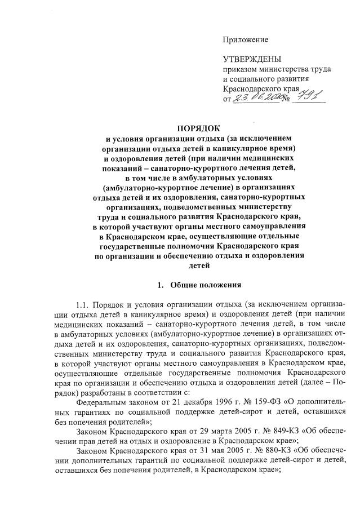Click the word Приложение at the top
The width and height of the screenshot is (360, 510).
coord(246,39)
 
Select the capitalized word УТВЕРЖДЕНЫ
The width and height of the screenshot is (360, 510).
coord(251,59)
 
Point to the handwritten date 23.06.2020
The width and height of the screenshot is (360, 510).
coord(257,98)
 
